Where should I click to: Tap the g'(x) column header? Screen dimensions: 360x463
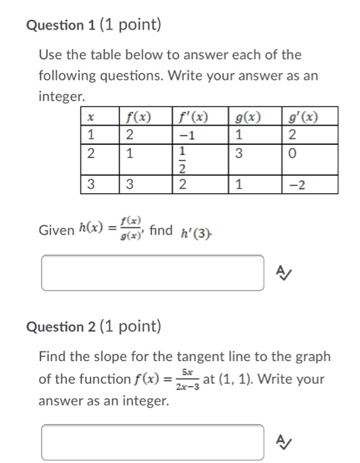coord(303,119)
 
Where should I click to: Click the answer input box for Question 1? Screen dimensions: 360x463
coord(152,273)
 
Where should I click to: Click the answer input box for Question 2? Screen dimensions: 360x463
coord(152,442)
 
